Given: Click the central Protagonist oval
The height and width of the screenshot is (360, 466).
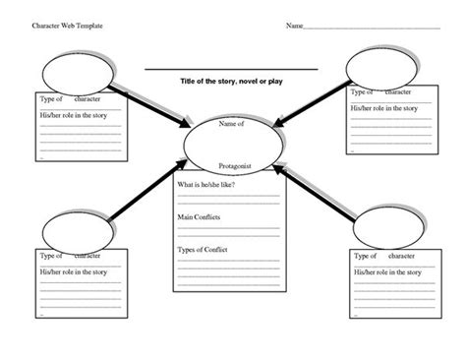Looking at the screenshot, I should click(233, 145).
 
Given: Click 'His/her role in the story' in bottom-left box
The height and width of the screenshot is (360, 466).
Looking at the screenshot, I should click(76, 271).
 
